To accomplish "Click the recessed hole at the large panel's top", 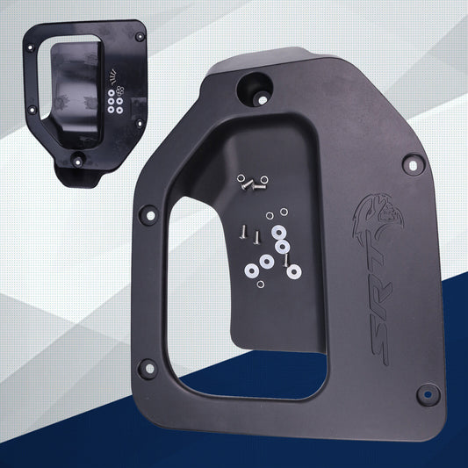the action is tap(255, 90).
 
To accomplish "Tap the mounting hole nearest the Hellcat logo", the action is tap(413, 164).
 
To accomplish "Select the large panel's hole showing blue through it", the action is tap(428, 394).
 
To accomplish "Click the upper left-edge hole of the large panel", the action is tap(150, 215).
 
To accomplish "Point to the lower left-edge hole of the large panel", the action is tap(149, 369).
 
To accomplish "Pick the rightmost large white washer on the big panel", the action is tap(294, 271).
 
